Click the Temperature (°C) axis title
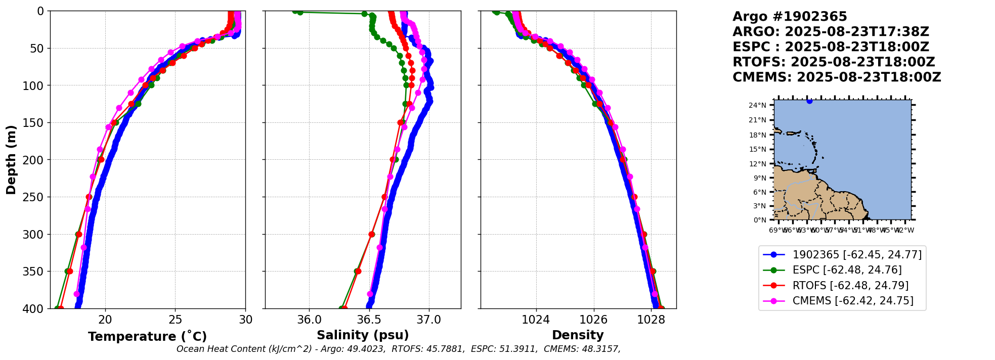point(147,337)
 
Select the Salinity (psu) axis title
point(363,335)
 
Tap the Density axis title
point(578,335)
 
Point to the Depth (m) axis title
point(11,159)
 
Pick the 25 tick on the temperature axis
point(175,320)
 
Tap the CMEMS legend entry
point(853,301)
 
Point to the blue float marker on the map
point(809,101)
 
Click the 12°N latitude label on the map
point(757,164)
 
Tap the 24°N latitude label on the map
point(757,105)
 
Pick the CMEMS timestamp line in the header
point(837,77)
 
